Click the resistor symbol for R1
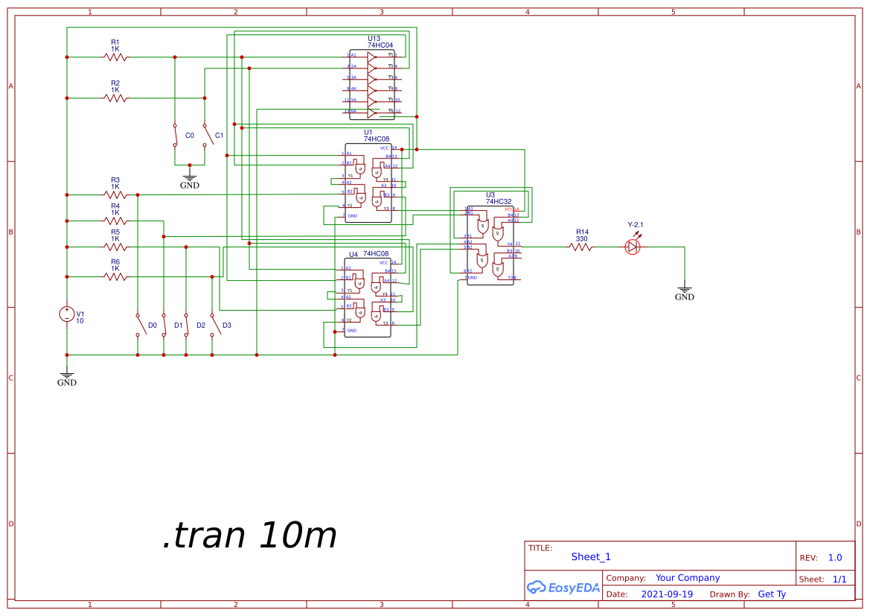pos(115,57)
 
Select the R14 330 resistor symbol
pos(581,247)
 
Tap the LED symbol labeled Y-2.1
pos(633,247)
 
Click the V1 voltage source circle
pos(67,314)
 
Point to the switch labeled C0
pos(175,136)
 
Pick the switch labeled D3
pos(213,325)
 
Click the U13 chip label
pos(374,39)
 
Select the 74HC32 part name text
pos(499,202)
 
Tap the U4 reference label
pos(354,255)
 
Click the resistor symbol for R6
pos(115,276)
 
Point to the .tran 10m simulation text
pos(249,536)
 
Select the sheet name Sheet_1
pos(591,556)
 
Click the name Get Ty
pos(772,594)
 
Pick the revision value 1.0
pos(835,558)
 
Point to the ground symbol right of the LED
pos(685,292)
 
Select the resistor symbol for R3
pos(115,194)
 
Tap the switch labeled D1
pos(186,325)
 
